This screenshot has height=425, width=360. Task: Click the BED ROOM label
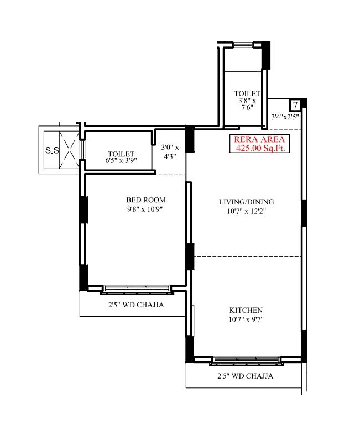click(x=146, y=200)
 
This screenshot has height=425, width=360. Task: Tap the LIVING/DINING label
click(x=246, y=202)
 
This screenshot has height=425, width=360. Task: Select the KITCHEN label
click(x=246, y=310)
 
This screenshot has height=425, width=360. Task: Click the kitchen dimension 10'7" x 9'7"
click(x=246, y=319)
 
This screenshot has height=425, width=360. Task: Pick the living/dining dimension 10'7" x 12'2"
click(x=246, y=211)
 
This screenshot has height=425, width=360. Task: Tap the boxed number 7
click(x=295, y=105)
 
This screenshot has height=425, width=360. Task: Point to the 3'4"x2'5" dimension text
click(x=285, y=117)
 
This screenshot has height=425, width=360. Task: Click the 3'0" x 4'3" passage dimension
click(x=170, y=152)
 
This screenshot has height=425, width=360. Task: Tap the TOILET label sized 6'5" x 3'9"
click(x=122, y=154)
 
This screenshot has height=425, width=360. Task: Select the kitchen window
click(x=246, y=360)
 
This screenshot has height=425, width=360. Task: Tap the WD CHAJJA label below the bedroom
click(x=135, y=305)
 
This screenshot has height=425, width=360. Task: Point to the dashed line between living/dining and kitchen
click(x=246, y=256)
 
